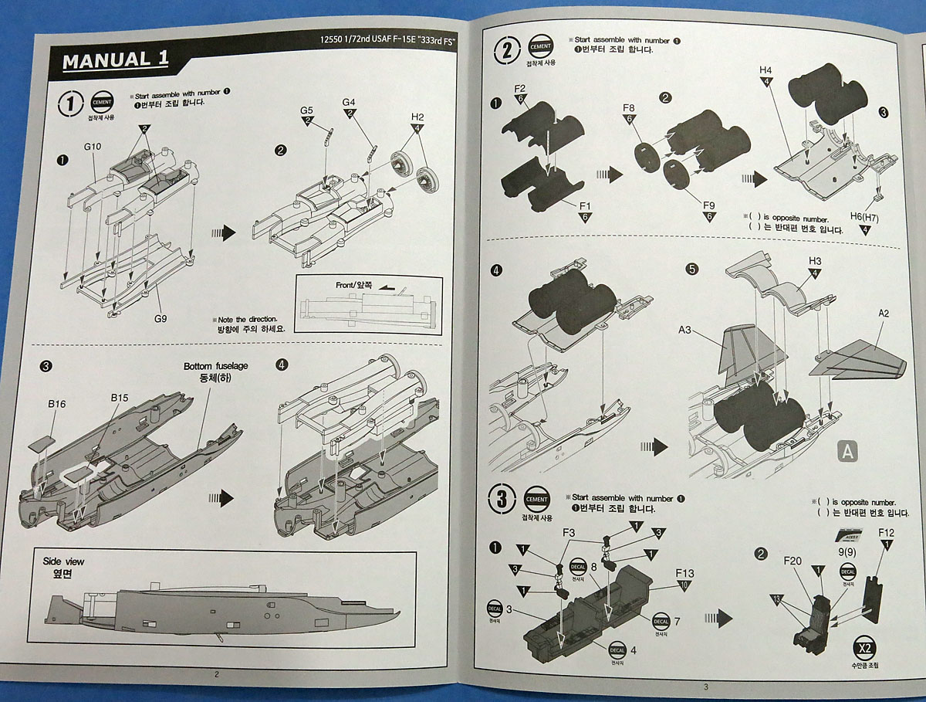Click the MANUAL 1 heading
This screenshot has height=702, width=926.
pyautogui.click(x=116, y=59)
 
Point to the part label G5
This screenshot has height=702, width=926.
pyautogui.click(x=307, y=110)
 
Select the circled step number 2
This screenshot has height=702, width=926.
pyautogui.click(x=507, y=51)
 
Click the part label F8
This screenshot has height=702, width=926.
pyautogui.click(x=629, y=107)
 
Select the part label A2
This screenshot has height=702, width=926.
pyautogui.click(x=884, y=314)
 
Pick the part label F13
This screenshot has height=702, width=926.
pyautogui.click(x=684, y=573)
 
